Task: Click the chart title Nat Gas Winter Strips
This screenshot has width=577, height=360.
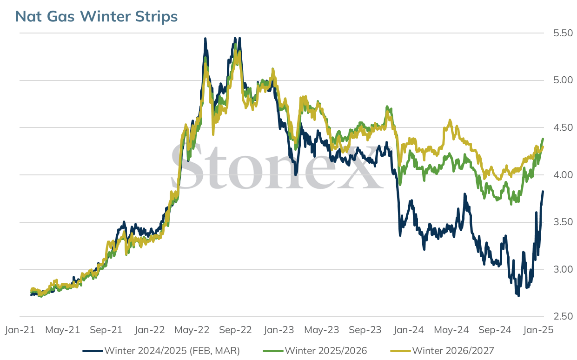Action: (x=96, y=16)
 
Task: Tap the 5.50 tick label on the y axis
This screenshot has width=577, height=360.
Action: (x=563, y=33)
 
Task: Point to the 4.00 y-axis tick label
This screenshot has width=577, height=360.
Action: (x=563, y=175)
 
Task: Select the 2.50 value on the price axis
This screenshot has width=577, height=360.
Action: (x=563, y=316)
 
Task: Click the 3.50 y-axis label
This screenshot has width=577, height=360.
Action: (x=563, y=222)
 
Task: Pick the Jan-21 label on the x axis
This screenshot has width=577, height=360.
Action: (x=20, y=330)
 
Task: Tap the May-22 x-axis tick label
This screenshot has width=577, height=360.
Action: (x=192, y=330)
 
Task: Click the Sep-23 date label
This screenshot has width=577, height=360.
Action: (x=365, y=330)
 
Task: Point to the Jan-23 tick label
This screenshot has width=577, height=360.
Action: (x=279, y=330)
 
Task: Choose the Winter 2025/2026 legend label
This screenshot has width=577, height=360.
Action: (x=326, y=351)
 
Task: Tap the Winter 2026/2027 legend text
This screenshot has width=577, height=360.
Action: (x=453, y=351)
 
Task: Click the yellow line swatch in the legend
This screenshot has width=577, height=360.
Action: (x=400, y=351)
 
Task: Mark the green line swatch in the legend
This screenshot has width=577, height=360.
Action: (x=273, y=351)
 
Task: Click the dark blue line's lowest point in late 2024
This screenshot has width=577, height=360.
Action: (x=518, y=296)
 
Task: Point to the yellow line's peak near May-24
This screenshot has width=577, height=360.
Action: (x=450, y=120)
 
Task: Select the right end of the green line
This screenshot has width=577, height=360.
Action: (x=543, y=139)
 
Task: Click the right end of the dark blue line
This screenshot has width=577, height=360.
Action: (x=543, y=191)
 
